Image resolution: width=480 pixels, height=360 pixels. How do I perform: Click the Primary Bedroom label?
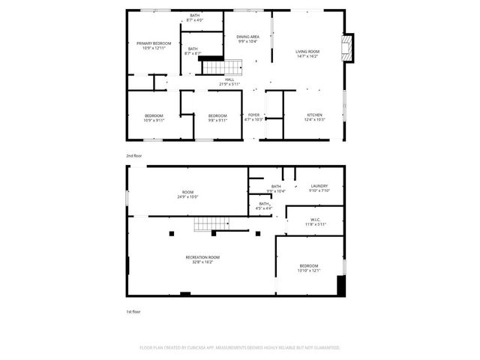pyautogui.click(x=154, y=43)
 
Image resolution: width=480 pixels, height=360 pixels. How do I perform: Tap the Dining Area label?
pyautogui.click(x=247, y=37)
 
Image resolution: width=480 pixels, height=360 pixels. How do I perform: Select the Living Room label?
pyautogui.click(x=307, y=51)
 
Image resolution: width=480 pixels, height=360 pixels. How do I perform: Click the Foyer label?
pyautogui.click(x=253, y=115)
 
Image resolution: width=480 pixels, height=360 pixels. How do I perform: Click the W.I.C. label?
pyautogui.click(x=315, y=220)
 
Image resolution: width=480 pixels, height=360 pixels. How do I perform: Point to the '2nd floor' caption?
pyautogui.click(x=134, y=155)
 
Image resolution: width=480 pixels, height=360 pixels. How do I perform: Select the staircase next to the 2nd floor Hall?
pyautogui.click(x=213, y=67)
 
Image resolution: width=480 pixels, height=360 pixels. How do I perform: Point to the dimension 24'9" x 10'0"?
pyautogui.click(x=187, y=196)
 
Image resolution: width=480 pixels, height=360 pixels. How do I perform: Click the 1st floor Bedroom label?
pyautogui.click(x=309, y=265)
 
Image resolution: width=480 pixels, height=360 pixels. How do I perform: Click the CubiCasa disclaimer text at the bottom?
pyautogui.click(x=240, y=348)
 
